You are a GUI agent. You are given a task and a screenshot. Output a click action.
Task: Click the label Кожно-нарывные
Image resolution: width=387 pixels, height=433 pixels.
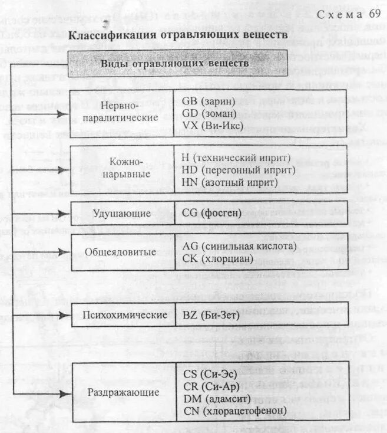tap(123, 168)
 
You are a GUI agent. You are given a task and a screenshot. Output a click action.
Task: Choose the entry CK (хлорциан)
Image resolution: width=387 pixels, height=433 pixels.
tap(219, 258)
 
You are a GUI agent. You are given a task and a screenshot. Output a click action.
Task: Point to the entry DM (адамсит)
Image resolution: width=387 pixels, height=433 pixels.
tap(216, 398)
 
